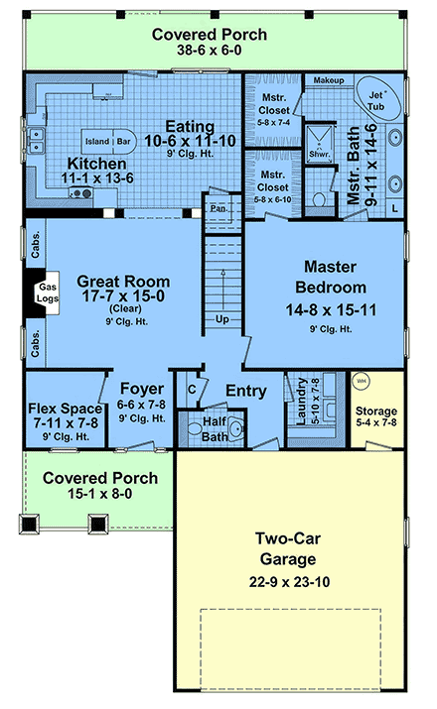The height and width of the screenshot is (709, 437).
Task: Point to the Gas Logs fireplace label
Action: pos(48,293)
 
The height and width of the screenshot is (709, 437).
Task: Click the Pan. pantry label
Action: pos(217,210)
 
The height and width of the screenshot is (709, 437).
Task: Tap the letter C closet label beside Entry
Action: pos(191,391)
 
